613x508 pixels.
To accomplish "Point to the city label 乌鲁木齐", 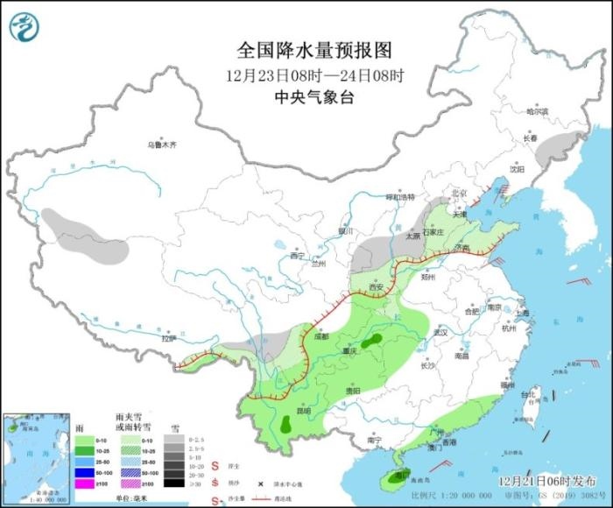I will pos(161,145).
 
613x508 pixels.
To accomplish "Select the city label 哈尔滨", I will pos(536,111).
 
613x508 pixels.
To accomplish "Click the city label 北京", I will pos(455,193).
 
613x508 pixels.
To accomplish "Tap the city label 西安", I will pos(377,287).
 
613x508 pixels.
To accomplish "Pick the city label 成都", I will pos(320,335).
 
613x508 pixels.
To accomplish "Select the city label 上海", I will pos(523,313).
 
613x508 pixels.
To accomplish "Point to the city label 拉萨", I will pos(169,338).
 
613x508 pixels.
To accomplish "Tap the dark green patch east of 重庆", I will pos(373,340).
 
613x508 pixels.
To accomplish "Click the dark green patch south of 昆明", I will pos(286,426).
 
